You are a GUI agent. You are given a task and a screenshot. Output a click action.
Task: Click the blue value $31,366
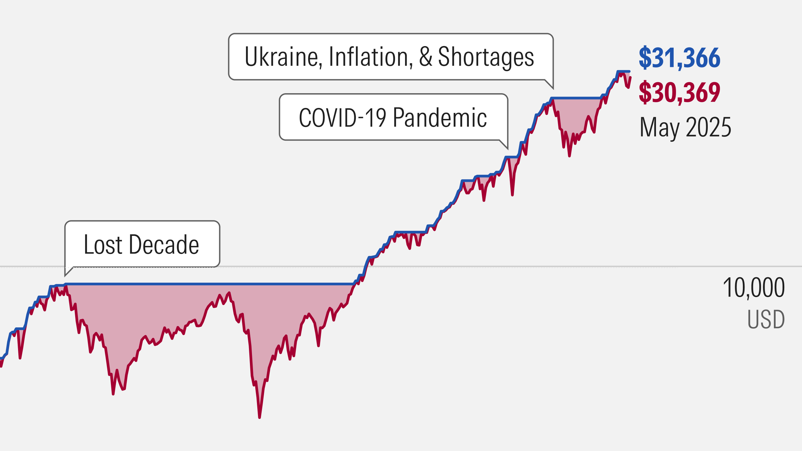pyautogui.click(x=679, y=58)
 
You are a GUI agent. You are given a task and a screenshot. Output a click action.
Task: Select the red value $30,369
pyautogui.click(x=679, y=92)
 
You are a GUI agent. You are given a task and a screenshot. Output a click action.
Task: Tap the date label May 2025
pyautogui.click(x=685, y=127)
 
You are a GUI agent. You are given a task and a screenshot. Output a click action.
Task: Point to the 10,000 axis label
pyautogui.click(x=754, y=288)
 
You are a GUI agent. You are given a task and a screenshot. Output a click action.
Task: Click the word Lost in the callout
pyautogui.click(x=103, y=245)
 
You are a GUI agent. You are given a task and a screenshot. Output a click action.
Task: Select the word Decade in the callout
pyautogui.click(x=164, y=245)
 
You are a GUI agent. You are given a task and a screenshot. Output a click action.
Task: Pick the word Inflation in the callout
pyautogui.click(x=370, y=57)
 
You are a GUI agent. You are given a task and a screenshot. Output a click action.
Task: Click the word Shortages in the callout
pyautogui.click(x=486, y=57)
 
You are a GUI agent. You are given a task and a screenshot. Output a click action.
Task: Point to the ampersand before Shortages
pyautogui.click(x=426, y=57)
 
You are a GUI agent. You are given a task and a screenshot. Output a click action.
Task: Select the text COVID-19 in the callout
pyautogui.click(x=342, y=118)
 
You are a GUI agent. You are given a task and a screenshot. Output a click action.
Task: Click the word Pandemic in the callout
pyautogui.click(x=440, y=118)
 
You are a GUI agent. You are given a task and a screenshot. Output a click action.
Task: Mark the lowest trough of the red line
pyautogui.click(x=259, y=417)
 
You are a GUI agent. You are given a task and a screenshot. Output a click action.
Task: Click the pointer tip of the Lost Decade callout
pyautogui.click(x=65, y=276)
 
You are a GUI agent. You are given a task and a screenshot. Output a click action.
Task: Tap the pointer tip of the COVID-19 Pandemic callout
pyautogui.click(x=508, y=149)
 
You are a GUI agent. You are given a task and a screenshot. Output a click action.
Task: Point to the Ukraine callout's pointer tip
pyautogui.click(x=553, y=89)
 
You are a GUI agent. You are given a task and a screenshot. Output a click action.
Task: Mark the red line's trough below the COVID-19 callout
pyautogui.click(x=512, y=195)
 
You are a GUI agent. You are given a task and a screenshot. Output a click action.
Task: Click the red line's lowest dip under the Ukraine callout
pyautogui.click(x=569, y=156)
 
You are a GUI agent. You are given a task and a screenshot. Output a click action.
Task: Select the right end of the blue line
pyautogui.click(x=630, y=71)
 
